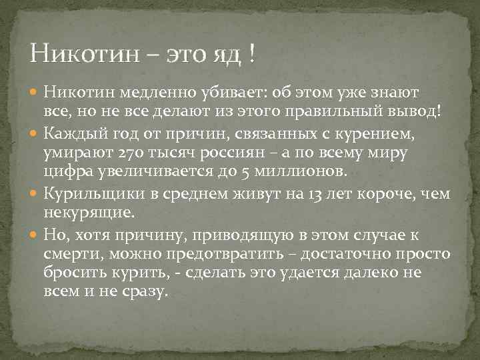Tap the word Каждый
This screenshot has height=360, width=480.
pos(68,135)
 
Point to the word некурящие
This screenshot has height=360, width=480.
pos(87,213)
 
